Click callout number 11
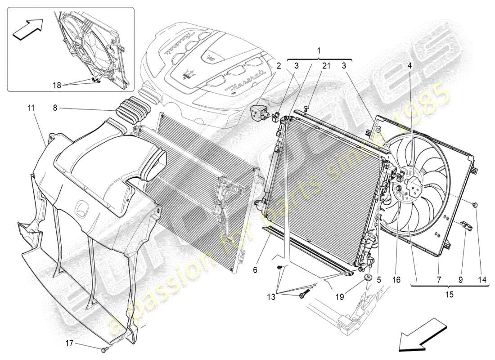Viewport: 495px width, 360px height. click(x=30, y=108)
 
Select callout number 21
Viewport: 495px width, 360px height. click(x=326, y=66)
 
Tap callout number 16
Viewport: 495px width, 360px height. click(x=396, y=279)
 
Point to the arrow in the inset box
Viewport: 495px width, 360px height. click(x=27, y=30)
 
